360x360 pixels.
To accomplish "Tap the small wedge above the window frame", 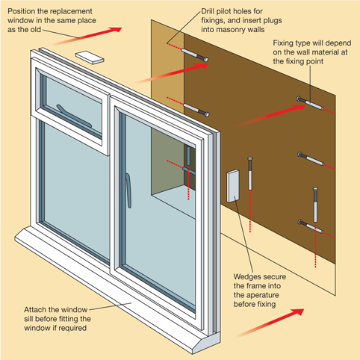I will click(90, 57).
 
